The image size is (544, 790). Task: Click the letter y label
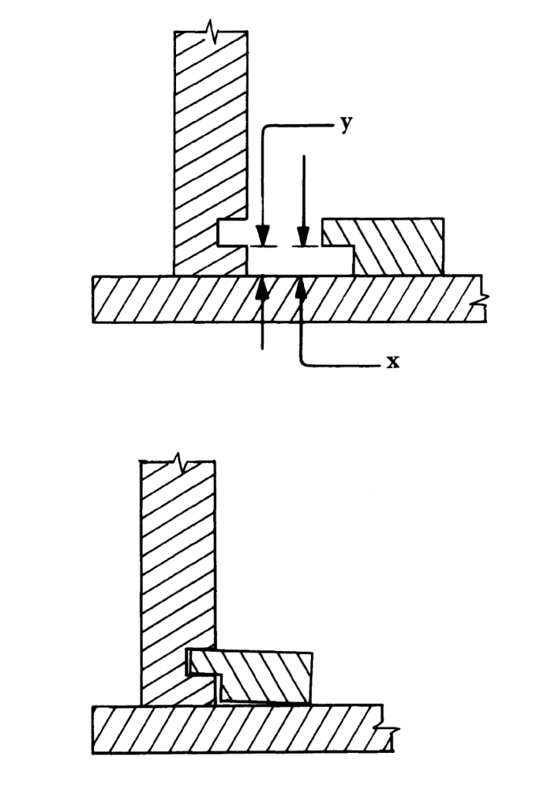click(345, 124)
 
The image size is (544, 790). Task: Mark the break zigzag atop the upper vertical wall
click(211, 33)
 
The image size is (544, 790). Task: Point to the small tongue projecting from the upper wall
click(233, 233)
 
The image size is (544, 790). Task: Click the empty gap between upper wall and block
click(299, 261)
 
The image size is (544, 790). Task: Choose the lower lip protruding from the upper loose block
click(338, 261)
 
